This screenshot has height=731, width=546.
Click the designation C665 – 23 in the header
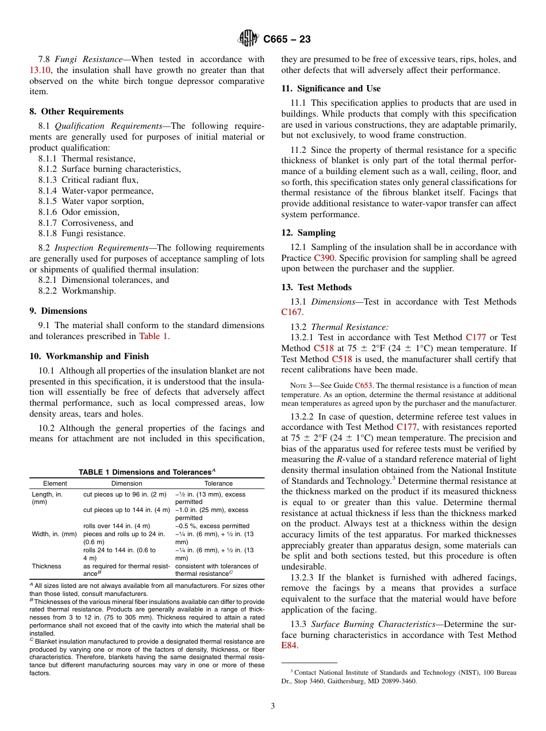[287, 39]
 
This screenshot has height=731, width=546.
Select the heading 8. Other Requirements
[76, 111]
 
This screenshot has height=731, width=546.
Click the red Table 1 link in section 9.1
[153, 336]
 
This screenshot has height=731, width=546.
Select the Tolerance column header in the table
[218, 483]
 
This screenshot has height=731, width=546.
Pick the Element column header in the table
[55, 483]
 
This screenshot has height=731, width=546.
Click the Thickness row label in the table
[47, 566]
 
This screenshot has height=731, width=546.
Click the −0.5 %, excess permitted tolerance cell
[212, 526]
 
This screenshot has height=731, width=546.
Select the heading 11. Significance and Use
[330, 89]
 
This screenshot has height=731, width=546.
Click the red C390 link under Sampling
[324, 258]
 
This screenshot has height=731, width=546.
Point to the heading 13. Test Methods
[316, 287]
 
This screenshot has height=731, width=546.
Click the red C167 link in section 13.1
[291, 313]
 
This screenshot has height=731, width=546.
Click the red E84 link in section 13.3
[289, 645]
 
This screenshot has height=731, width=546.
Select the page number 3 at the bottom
[273, 706]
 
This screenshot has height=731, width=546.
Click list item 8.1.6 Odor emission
[82, 212]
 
